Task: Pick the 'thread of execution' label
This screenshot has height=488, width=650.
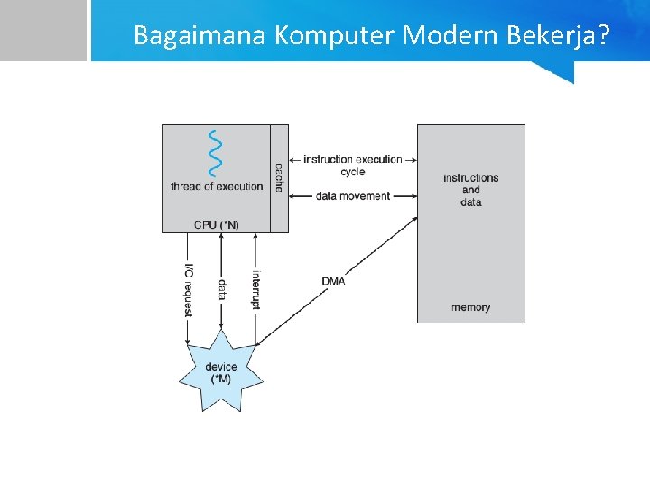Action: click(x=217, y=187)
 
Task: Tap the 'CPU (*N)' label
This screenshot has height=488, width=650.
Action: click(x=217, y=224)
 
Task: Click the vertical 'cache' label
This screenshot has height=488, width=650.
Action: click(x=279, y=177)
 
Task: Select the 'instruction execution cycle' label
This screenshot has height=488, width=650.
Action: click(x=353, y=165)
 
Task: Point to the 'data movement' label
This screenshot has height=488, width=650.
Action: click(x=353, y=196)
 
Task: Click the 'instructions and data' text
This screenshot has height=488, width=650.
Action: click(x=470, y=190)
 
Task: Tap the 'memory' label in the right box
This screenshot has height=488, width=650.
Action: click(x=470, y=307)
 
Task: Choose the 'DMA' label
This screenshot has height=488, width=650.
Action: click(x=333, y=281)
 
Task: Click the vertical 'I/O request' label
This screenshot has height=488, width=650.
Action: click(x=188, y=289)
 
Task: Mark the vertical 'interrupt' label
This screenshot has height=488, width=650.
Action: click(x=255, y=289)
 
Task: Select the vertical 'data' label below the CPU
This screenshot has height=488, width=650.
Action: click(x=222, y=289)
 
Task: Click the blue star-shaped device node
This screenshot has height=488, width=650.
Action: click(x=220, y=371)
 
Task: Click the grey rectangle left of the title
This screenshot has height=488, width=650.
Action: click(x=42, y=30)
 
